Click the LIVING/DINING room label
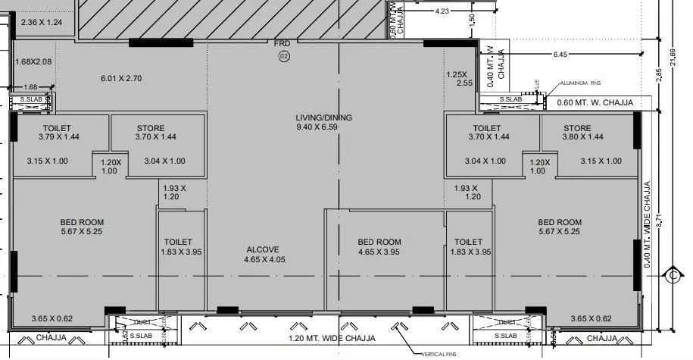coord(324,117)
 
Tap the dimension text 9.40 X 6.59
coord(324,127)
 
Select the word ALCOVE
coord(263,249)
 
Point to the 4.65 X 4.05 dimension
coord(263,259)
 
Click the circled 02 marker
coord(284,56)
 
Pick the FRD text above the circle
coord(282,45)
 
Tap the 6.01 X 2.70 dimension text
coord(122,78)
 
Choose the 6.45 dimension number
coord(560,55)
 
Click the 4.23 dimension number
coord(442,11)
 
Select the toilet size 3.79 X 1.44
coord(58,137)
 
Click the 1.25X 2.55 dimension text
coord(459,79)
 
